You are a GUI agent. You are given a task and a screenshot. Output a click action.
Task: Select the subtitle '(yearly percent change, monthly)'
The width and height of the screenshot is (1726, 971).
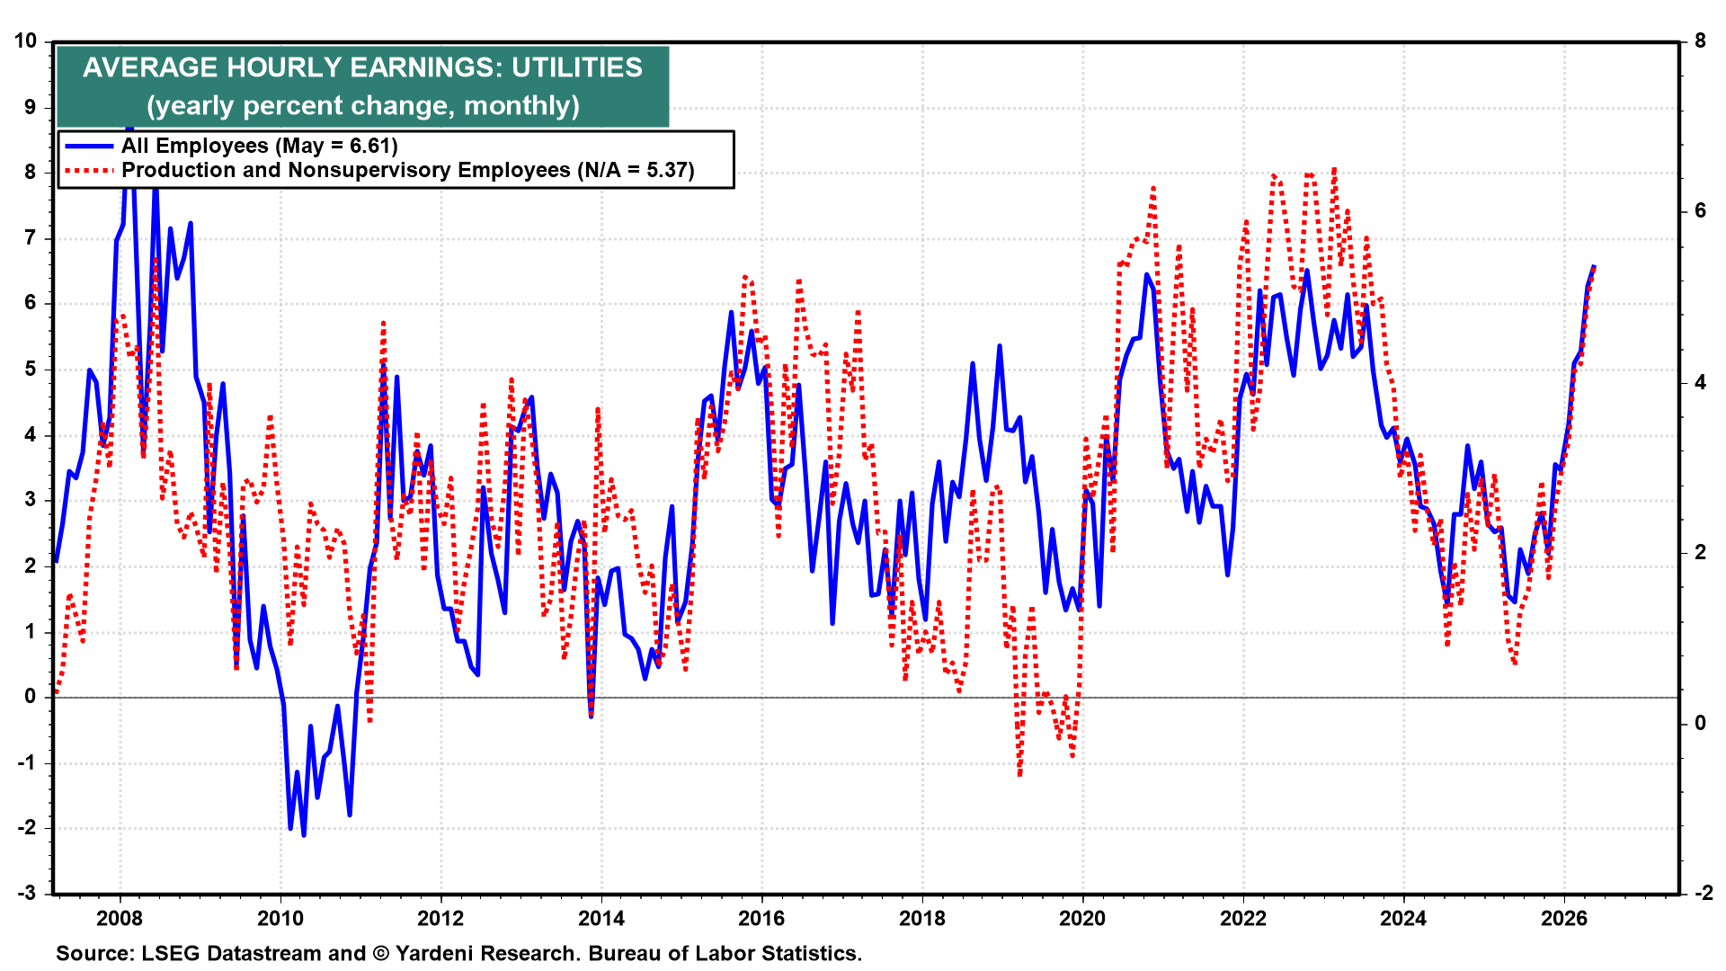tap(363, 105)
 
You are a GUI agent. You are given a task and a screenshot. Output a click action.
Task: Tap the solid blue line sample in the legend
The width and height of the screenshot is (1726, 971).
tap(89, 146)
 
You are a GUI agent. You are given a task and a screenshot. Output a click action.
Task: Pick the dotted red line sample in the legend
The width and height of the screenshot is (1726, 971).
tap(89, 170)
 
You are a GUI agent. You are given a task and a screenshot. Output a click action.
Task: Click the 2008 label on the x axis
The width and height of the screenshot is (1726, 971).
tap(120, 918)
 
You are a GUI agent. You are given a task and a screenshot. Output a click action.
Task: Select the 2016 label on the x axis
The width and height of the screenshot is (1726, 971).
tap(761, 918)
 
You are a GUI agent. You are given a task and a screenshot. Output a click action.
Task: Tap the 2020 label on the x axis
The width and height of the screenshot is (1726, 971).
tap(1082, 918)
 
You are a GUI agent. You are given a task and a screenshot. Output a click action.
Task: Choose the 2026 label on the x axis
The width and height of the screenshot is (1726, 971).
tap(1564, 918)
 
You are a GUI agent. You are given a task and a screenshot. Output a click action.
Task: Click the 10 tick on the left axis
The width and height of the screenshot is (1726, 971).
tap(26, 41)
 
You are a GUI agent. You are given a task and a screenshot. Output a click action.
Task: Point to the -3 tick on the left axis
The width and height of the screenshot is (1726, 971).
tap(26, 893)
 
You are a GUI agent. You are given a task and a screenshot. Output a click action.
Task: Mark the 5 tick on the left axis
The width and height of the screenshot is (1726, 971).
tap(31, 370)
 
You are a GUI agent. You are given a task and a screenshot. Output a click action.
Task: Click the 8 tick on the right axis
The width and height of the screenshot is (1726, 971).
tap(1700, 41)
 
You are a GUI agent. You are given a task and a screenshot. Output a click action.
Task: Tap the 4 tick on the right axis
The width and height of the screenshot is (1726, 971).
tap(1700, 382)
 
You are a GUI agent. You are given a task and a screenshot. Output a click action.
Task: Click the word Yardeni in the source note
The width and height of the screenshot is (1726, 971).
tap(436, 953)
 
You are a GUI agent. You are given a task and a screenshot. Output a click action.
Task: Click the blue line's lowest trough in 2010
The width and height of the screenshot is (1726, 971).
tap(304, 835)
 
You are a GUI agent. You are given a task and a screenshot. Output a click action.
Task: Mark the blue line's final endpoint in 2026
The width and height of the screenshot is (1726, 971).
tap(1594, 266)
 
